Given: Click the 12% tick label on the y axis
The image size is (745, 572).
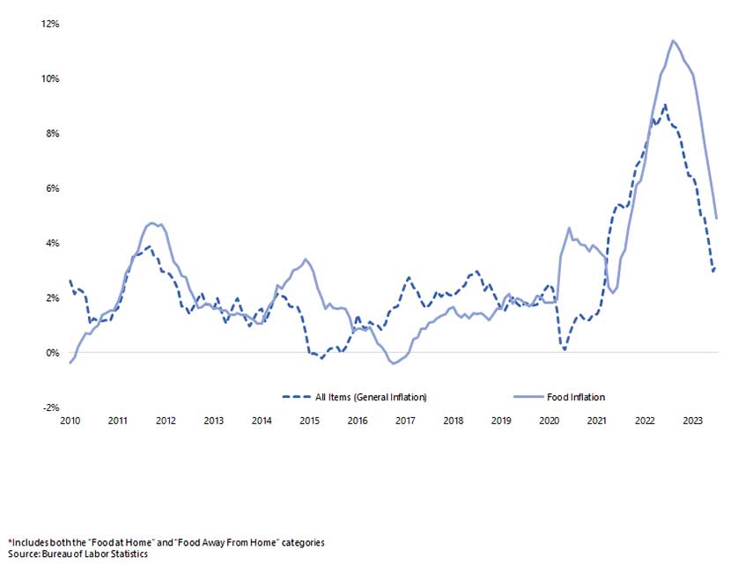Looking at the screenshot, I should pos(50,24).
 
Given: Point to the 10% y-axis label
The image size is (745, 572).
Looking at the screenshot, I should pos(50,78).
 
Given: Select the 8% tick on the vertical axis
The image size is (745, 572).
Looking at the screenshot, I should pos(53,134).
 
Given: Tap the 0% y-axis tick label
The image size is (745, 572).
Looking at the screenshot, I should pos(53,353).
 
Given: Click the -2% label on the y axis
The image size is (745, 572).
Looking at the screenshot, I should pos(51,407).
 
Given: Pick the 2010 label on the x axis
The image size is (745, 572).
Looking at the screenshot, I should pos(70,422).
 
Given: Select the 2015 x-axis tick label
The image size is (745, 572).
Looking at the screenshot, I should pos(309,422).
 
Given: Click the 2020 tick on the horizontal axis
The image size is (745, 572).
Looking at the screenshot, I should pos(548,422).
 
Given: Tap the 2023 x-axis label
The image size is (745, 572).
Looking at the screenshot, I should pos(692,422).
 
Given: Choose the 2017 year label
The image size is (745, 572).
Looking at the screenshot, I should pos(405,422).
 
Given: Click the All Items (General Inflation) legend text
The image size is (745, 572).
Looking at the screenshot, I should pos(371,398).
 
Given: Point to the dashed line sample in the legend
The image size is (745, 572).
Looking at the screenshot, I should pos(297,398).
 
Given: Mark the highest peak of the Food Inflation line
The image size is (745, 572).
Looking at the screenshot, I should pos(673,40).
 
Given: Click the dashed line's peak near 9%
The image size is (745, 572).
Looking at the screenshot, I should pos(664,105).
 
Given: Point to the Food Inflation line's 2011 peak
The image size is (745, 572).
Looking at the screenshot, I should pos(152,223).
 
